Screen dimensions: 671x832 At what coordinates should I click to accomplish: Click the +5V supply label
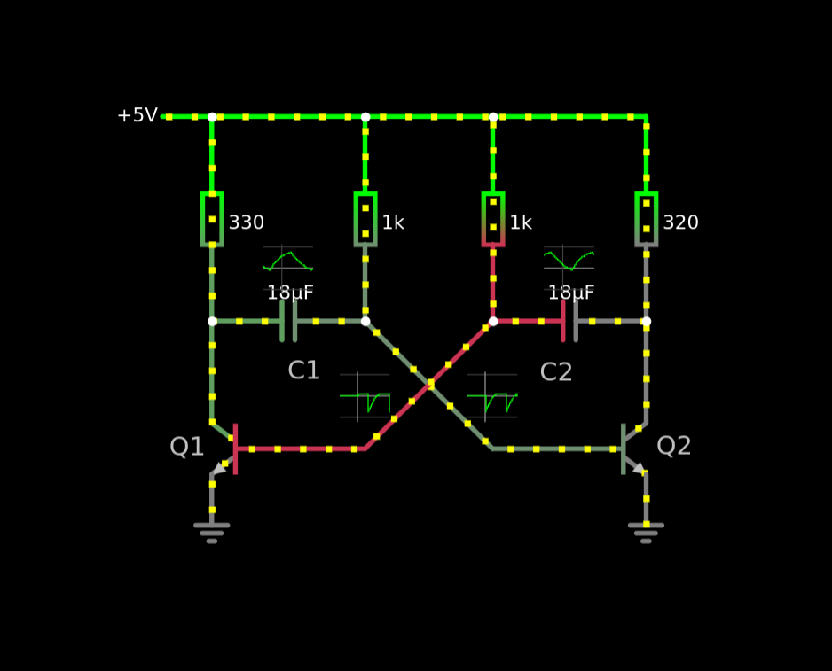click(x=137, y=116)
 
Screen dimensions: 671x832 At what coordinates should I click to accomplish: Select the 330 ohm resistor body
click(x=212, y=219)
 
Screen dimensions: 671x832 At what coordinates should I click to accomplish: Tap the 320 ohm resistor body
click(x=646, y=219)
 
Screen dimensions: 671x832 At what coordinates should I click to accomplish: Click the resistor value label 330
click(x=247, y=223)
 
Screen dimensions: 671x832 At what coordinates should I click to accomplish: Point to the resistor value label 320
click(x=680, y=223)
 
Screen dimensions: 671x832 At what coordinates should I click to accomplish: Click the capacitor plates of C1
click(x=288, y=321)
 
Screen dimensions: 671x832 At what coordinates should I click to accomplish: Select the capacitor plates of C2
click(x=569, y=321)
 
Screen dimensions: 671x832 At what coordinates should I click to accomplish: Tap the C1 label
click(x=303, y=371)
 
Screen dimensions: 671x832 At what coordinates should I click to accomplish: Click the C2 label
click(x=556, y=372)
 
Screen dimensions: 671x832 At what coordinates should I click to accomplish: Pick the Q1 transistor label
click(x=186, y=447)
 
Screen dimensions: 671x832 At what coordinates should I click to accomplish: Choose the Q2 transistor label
click(x=673, y=446)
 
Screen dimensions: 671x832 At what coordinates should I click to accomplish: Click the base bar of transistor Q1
click(x=235, y=449)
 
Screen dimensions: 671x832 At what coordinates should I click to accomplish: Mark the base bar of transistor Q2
click(x=624, y=449)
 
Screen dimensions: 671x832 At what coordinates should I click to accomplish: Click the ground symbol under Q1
click(x=212, y=532)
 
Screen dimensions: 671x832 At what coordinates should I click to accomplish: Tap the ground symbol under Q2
click(x=646, y=532)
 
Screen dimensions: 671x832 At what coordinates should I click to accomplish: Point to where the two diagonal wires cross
click(x=430, y=384)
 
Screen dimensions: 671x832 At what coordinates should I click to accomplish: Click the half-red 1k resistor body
click(x=493, y=219)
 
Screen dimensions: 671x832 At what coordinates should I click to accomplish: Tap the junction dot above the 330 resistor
click(x=212, y=117)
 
